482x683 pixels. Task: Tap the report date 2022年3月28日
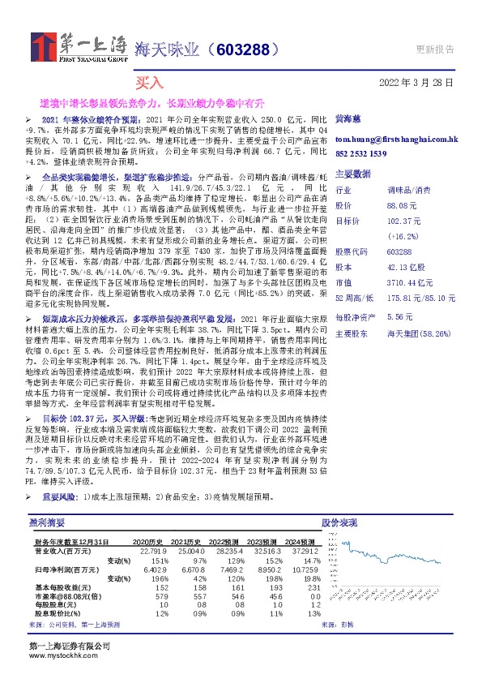[x=416, y=83]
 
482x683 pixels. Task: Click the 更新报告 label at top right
[x=434, y=49]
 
